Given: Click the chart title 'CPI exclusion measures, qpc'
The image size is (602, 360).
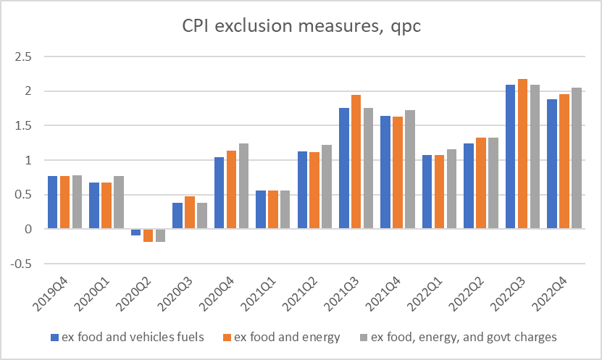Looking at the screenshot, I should tap(300, 28).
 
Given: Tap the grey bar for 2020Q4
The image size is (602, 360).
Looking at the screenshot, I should tap(243, 186).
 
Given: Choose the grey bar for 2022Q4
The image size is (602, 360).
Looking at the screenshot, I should tap(577, 158).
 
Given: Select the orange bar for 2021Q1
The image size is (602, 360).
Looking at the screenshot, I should tap(272, 209).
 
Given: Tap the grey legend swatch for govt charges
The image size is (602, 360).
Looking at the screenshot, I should tap(364, 336).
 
